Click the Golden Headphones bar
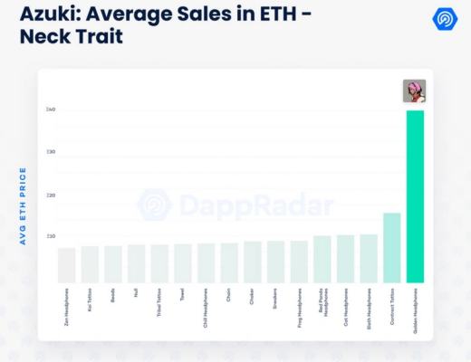(415, 196)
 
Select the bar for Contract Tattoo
(391, 248)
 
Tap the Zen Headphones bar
(66, 265)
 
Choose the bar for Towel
(182, 263)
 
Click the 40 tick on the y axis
(52, 110)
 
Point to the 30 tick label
(52, 152)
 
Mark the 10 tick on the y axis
(52, 236)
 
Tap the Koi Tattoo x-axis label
(91, 301)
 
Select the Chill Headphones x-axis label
(206, 305)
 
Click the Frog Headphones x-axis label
(299, 304)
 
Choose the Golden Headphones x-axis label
(416, 306)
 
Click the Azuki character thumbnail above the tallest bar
(414, 91)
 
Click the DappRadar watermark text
(254, 206)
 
